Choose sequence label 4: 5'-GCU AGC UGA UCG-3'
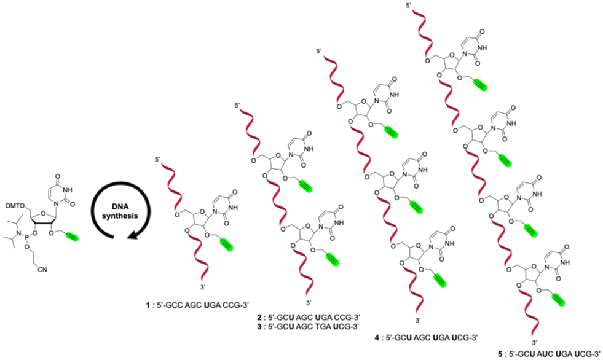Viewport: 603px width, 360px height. click(x=419, y=336)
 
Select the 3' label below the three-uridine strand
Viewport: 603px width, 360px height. click(x=418, y=321)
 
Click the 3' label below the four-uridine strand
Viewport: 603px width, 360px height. click(x=534, y=341)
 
